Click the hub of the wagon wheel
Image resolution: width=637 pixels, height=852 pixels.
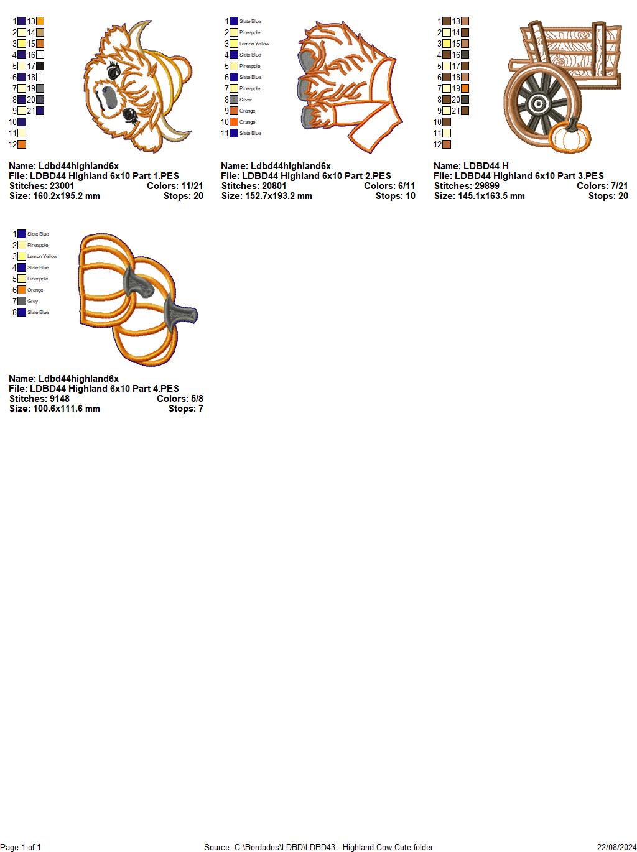click(539, 103)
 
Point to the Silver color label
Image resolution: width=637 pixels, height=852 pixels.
click(245, 100)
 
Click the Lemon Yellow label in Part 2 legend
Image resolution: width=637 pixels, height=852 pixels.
click(254, 44)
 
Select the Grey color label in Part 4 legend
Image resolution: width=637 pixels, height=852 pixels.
click(32, 301)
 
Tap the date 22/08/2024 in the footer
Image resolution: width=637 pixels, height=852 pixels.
click(616, 847)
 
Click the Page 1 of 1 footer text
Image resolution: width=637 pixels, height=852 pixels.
click(21, 847)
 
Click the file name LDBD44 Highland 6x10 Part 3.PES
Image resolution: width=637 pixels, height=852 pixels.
click(518, 176)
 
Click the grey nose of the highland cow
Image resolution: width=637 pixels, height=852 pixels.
click(108, 96)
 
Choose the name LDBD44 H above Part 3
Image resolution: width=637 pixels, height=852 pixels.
click(471, 166)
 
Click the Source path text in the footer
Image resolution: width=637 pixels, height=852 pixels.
click(318, 847)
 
